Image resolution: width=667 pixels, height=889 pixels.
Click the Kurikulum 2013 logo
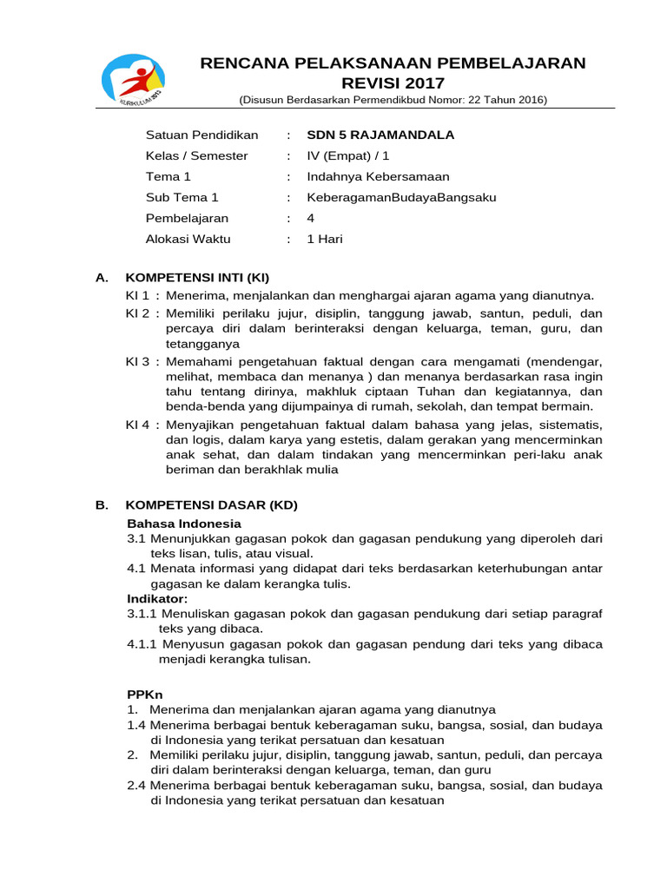pos(131,80)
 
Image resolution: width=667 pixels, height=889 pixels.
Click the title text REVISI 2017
pos(393,83)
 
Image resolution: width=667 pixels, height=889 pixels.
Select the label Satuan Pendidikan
pos(201,135)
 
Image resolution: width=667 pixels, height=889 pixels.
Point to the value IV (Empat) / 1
pos(348,156)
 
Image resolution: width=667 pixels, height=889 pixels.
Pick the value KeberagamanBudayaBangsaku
pos(401,198)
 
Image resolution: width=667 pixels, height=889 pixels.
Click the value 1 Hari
pos(325,240)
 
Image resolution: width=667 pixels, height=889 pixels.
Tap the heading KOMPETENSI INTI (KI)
pos(198,278)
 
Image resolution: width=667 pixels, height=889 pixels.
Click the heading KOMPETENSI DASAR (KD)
pos(212,505)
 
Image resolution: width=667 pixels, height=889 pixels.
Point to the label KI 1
pos(138,296)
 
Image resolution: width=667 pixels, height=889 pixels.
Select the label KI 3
pos(138,360)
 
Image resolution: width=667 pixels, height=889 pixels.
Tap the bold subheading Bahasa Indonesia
pos(184,524)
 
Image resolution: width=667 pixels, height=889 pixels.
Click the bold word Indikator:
pos(157,599)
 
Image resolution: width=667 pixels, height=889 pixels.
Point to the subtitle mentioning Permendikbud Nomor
pos(393,100)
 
